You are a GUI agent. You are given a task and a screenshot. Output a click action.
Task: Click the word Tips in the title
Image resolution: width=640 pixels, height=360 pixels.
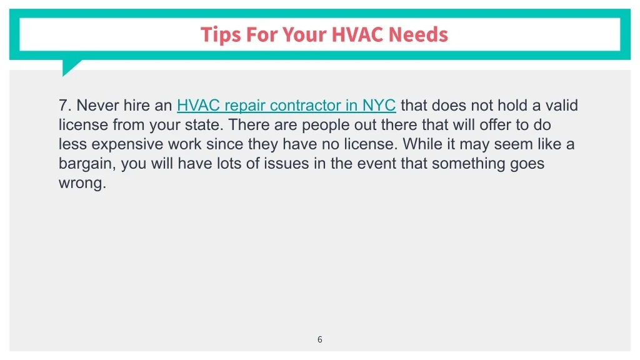click(x=221, y=35)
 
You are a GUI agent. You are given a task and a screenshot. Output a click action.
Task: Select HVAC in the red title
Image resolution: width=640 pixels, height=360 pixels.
click(x=357, y=34)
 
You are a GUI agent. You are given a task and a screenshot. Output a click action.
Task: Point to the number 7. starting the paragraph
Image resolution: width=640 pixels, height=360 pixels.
click(x=65, y=105)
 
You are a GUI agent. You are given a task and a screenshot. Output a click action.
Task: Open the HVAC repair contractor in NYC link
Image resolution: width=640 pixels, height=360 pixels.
click(x=286, y=105)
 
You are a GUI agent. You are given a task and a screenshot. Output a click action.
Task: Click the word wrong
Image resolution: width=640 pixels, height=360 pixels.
click(x=82, y=183)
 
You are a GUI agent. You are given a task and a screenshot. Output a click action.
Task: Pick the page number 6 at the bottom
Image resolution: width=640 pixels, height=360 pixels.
click(x=319, y=339)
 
